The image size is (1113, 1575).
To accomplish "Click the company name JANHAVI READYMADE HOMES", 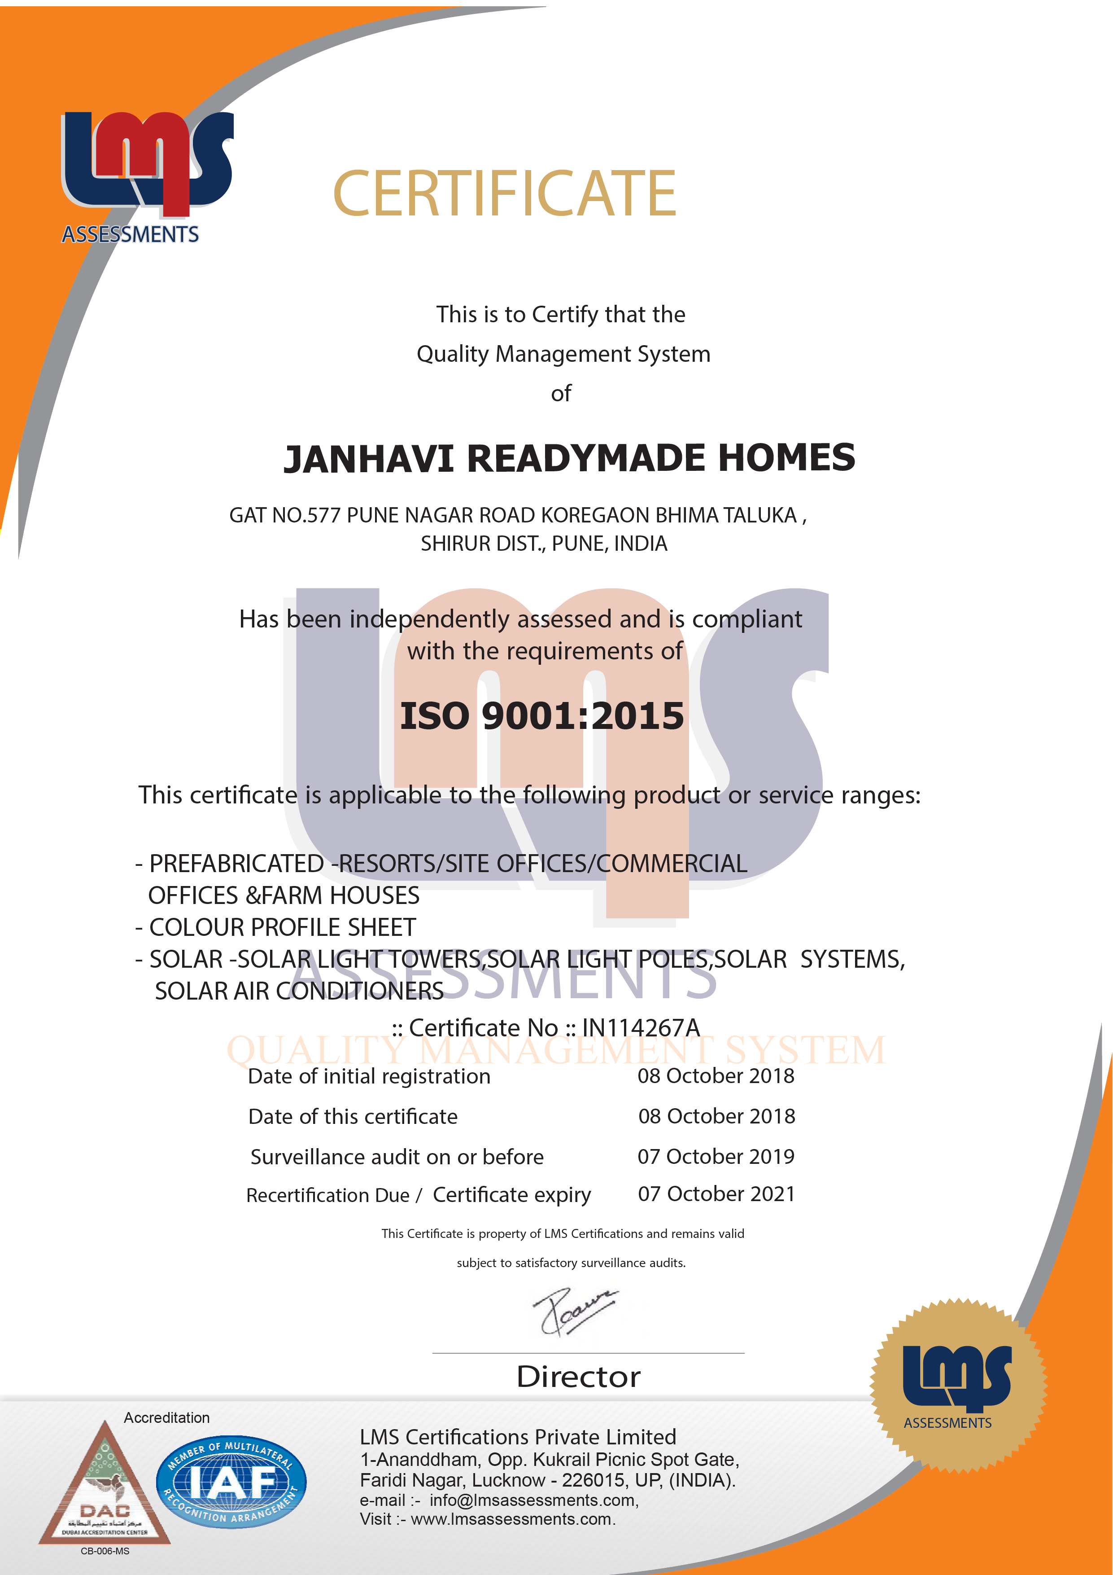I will [569, 458].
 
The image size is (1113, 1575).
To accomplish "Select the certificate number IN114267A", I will [641, 1027].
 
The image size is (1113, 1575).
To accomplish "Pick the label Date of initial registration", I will [369, 1076].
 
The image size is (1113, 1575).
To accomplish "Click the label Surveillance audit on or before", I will [397, 1157].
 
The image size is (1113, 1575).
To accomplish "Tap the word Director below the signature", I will [578, 1377].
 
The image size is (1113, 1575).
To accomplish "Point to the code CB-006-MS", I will [105, 1551].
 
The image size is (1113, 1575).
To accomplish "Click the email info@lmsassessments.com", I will [533, 1500].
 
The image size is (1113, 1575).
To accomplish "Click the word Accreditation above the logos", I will [166, 1417].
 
